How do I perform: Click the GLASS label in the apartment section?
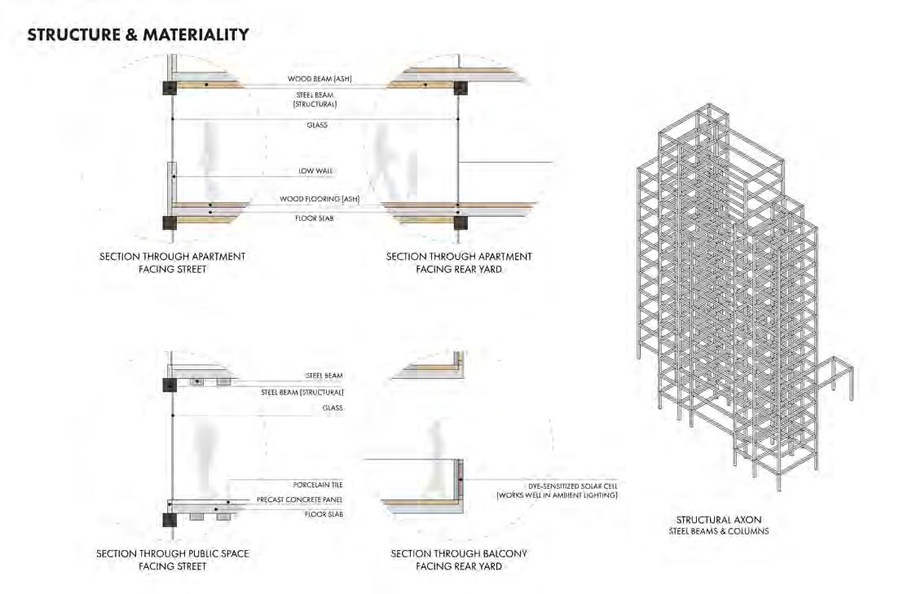318,125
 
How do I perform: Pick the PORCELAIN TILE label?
318,485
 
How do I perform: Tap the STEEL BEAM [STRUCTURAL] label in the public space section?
302,392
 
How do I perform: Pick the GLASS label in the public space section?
332,407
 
